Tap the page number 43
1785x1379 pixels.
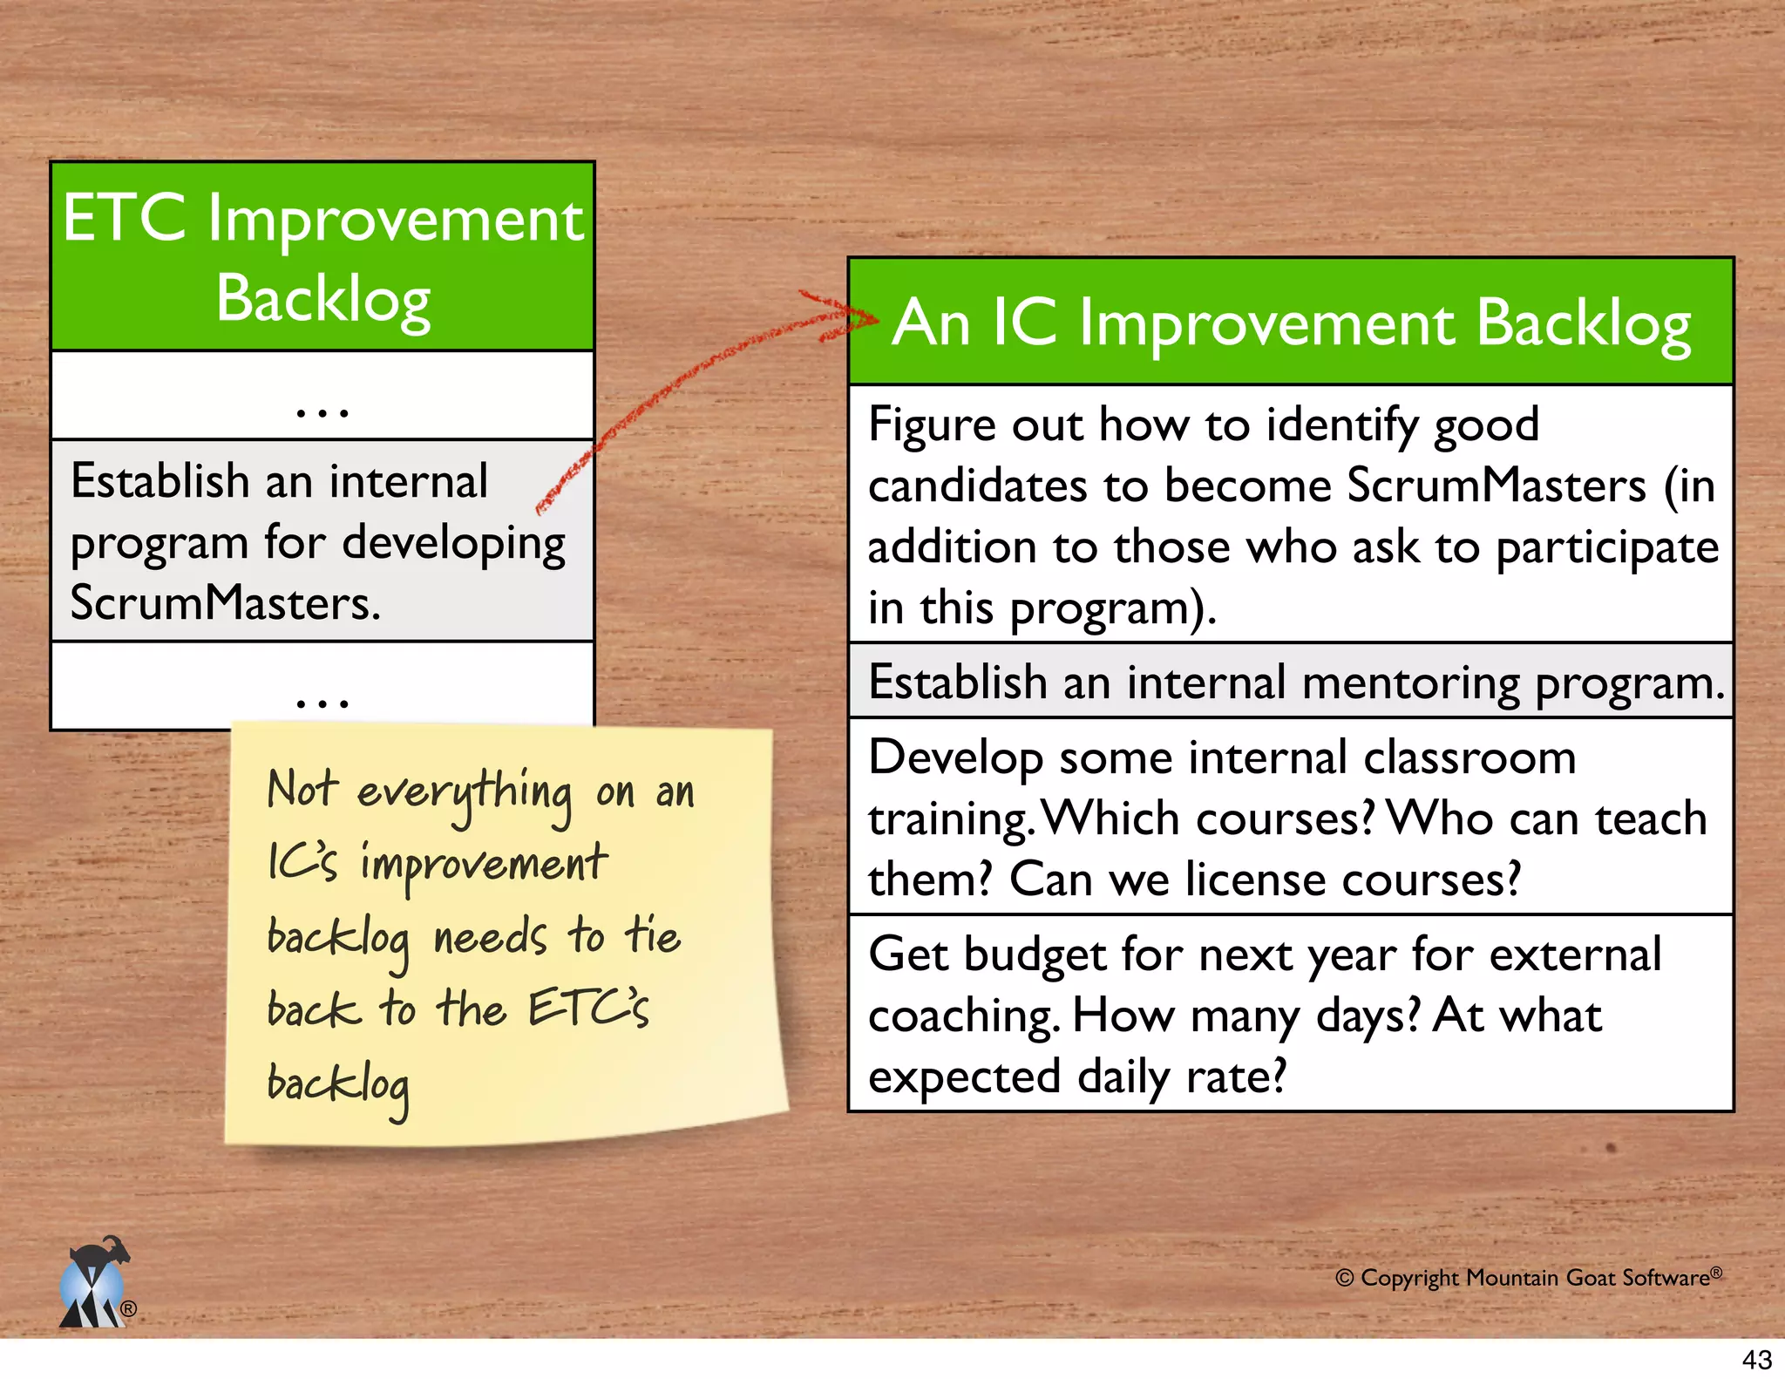coord(1756,1360)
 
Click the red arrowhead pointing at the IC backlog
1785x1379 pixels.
coord(859,316)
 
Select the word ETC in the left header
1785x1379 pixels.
coord(124,219)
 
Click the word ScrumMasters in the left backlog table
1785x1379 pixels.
coord(225,603)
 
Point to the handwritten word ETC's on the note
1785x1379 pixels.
coord(588,1009)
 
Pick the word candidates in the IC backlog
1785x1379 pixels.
coord(977,486)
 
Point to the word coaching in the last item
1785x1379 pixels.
coord(963,1016)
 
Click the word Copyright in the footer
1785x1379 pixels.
coord(1408,1278)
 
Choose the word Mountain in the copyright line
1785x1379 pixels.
coord(1512,1278)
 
